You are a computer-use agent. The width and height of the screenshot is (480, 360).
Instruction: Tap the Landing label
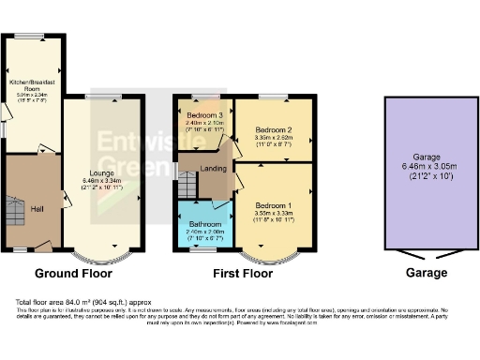[200, 169]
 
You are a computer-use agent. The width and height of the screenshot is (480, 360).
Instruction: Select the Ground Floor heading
[74, 275]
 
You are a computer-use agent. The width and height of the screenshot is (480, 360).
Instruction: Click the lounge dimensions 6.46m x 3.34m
[102, 181]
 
